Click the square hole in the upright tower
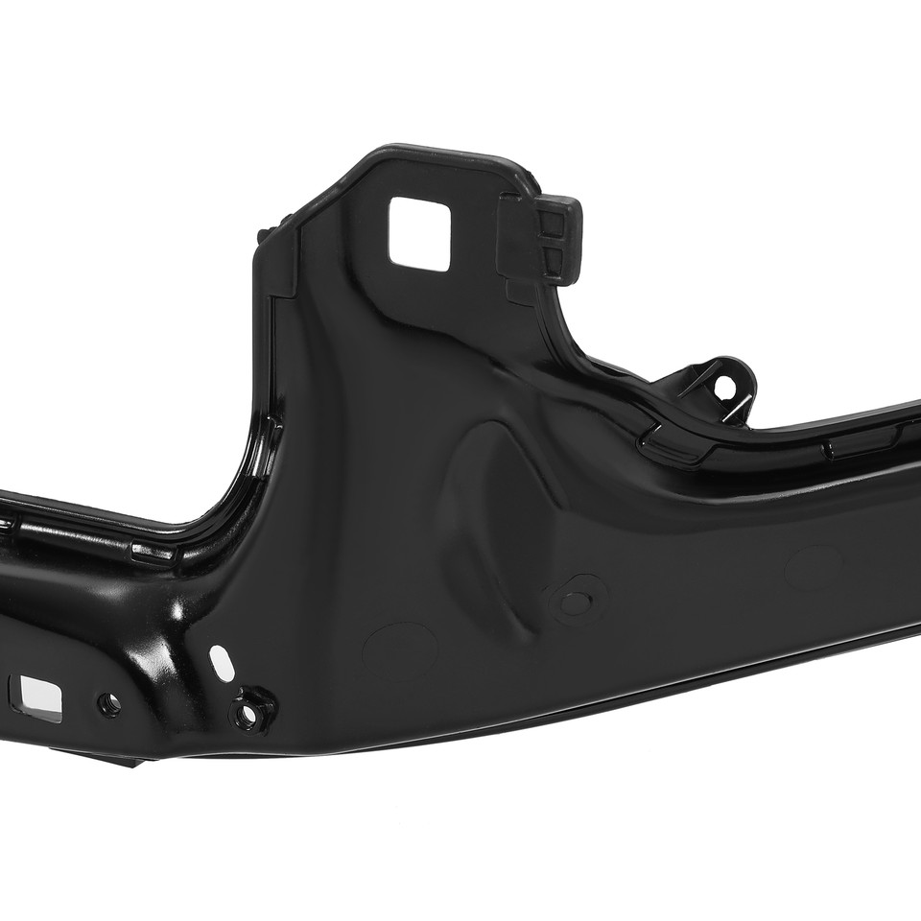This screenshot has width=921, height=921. click(x=418, y=229)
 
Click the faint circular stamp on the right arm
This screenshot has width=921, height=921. click(x=813, y=568)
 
